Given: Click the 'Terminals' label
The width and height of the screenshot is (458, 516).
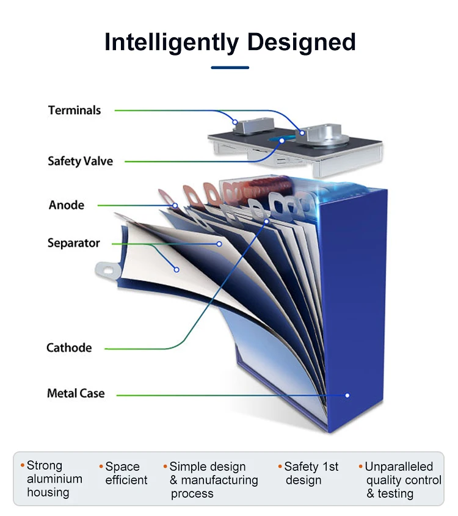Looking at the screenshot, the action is [75, 111].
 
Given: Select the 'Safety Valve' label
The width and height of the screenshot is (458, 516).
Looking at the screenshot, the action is [80, 162].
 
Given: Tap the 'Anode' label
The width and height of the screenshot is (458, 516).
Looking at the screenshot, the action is [66, 205].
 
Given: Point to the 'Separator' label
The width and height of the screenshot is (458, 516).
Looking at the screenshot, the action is [73, 243].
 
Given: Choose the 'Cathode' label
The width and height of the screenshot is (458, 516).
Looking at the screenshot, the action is [69, 348].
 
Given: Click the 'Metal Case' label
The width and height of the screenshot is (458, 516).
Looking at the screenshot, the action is [76, 394].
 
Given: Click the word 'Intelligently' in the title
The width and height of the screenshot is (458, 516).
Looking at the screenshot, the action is [172, 43].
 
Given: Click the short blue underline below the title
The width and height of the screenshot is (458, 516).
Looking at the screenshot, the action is [230, 68].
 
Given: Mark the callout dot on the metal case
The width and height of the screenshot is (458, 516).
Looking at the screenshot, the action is [347, 395].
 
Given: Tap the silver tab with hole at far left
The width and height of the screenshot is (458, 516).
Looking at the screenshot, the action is [107, 268].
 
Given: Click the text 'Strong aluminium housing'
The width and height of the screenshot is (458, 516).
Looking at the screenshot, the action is [53, 479].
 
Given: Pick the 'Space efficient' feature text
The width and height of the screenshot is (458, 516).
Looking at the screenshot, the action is [126, 474].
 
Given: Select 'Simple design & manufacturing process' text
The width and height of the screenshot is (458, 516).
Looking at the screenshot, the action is [213, 480].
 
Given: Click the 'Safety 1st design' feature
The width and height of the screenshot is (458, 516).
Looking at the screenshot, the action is [311, 473].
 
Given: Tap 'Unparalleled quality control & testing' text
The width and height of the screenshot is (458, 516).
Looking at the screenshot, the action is [403, 480].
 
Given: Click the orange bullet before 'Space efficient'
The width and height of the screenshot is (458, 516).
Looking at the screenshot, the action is [101, 467].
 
